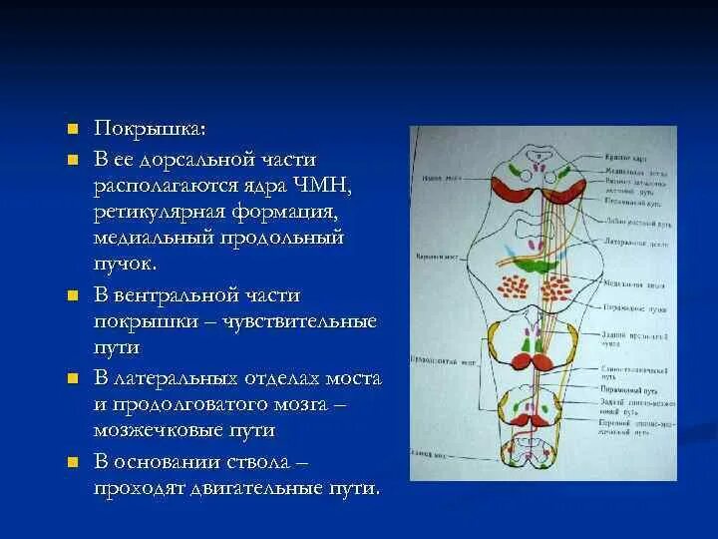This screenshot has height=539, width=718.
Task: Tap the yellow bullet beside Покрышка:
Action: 72,131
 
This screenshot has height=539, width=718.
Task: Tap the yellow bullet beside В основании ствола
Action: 72,461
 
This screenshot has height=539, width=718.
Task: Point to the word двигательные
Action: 262,488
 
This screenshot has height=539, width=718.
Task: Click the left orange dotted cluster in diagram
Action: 515,287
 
